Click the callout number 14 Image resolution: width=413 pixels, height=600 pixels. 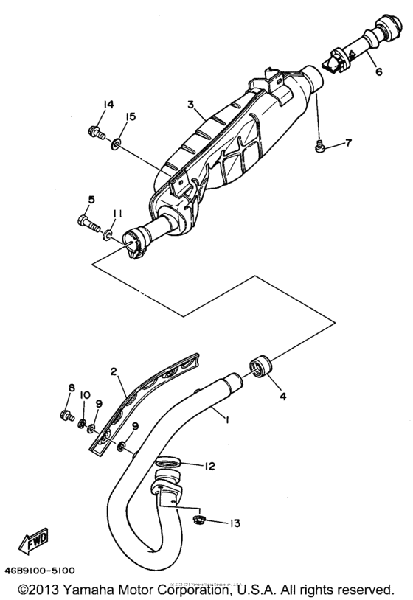[109, 104]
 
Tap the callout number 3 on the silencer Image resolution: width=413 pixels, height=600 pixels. [190, 105]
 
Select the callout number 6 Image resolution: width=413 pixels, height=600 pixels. [379, 73]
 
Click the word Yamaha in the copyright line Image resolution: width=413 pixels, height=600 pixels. [97, 590]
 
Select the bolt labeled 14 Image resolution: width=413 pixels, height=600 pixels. [94, 133]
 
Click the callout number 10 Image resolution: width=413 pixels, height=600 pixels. [85, 395]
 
